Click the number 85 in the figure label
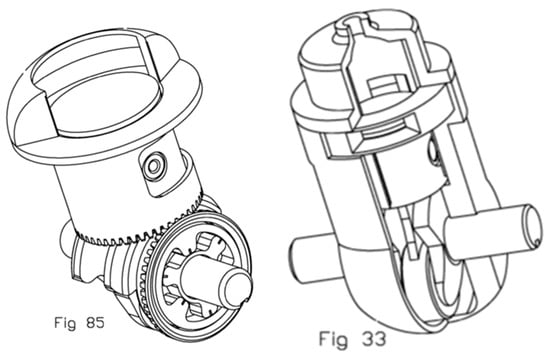tap(95, 322)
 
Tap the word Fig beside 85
tap(65, 323)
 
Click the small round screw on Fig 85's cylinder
tap(154, 164)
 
